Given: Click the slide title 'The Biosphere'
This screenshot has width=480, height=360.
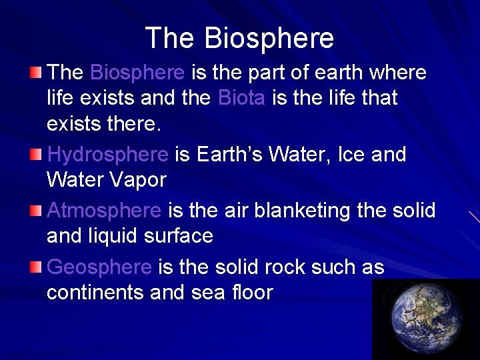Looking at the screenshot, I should (239, 38).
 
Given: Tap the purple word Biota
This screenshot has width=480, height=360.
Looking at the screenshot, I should (241, 98).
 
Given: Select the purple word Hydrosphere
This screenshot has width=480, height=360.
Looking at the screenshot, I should (107, 155).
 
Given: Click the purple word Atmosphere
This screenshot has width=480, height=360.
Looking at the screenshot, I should (104, 211).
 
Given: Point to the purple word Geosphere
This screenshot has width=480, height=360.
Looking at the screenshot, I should (99, 267).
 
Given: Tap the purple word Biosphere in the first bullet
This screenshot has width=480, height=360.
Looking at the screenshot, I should (137, 72).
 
